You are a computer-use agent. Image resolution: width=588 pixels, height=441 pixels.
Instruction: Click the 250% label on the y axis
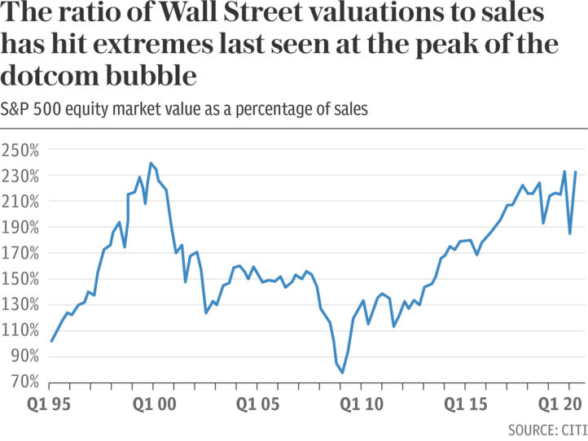click(x=20, y=151)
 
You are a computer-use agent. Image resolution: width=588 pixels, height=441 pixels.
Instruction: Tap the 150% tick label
click(x=20, y=279)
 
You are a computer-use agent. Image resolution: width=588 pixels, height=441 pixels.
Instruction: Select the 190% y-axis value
click(x=20, y=228)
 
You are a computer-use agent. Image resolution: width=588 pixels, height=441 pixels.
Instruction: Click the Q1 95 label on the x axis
click(x=49, y=404)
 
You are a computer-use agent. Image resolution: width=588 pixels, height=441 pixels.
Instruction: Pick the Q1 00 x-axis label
click(x=155, y=404)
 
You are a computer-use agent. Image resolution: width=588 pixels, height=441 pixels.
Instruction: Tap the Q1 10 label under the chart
click(x=362, y=404)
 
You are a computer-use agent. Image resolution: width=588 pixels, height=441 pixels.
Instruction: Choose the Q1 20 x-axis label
click(x=559, y=404)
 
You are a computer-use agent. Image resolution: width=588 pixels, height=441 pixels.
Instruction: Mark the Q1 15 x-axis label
click(x=465, y=404)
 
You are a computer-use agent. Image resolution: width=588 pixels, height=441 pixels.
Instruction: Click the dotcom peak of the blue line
click(x=151, y=163)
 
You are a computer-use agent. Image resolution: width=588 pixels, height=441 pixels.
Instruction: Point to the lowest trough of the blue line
click(x=342, y=373)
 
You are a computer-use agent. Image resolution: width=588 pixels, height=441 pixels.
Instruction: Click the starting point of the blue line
click(x=51, y=342)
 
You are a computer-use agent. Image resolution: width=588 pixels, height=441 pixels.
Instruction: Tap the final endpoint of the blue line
click(x=575, y=172)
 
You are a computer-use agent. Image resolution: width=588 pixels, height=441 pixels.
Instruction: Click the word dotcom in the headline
click(x=50, y=76)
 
